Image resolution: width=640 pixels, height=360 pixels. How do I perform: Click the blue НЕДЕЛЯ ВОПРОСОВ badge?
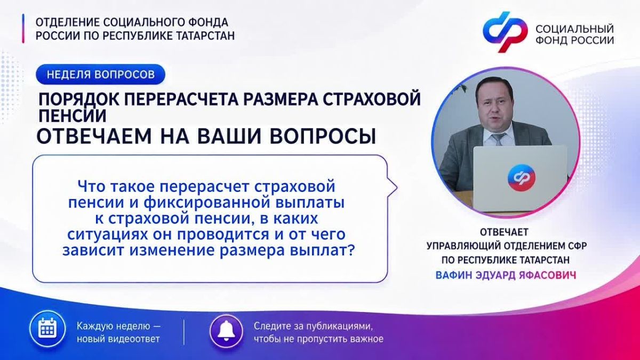coord(100,74)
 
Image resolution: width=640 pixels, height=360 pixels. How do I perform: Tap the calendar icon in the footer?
coord(47,330)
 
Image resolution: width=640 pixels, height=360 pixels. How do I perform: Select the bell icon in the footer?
coord(226,331)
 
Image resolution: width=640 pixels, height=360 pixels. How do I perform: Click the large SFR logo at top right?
coord(505,31)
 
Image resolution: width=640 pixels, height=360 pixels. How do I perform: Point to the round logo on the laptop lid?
coord(522,178)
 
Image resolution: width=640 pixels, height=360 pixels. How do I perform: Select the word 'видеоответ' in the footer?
coord(134,339)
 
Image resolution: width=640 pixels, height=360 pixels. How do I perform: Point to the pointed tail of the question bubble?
coord(397,188)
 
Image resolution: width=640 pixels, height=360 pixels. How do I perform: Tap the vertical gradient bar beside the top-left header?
coord(23,29)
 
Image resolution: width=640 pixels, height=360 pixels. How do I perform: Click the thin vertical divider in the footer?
coord(183,332)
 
